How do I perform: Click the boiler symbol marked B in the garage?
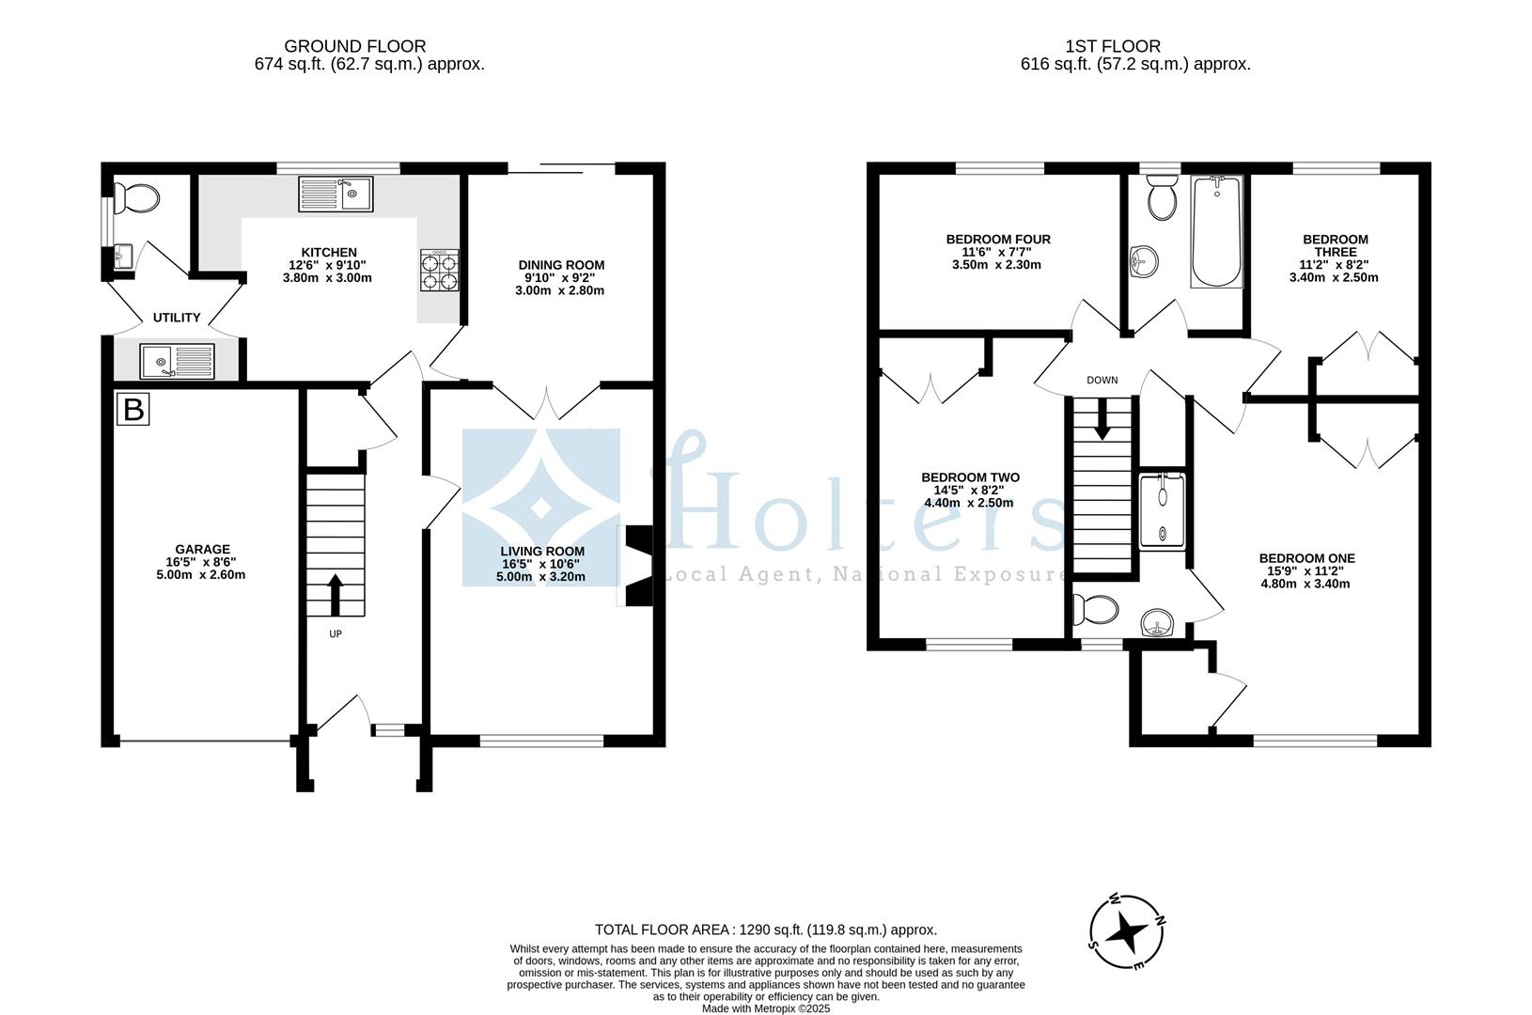tap(133, 409)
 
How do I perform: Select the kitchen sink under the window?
tap(336, 195)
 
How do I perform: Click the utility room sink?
tap(178, 360)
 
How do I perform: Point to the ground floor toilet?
tap(138, 198)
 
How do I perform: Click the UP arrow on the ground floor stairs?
tap(335, 593)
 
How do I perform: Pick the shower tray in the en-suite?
tap(1163, 511)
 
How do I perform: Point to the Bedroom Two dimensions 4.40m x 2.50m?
tap(969, 503)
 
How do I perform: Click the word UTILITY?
tap(177, 318)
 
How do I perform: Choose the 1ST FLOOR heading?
tap(1113, 46)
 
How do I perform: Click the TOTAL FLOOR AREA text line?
tap(766, 929)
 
